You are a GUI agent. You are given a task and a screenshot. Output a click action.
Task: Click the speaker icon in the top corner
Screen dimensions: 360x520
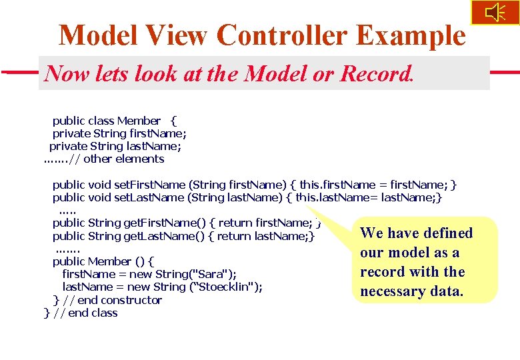[495, 12]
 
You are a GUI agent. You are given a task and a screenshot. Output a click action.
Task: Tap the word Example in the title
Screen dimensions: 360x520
[416, 35]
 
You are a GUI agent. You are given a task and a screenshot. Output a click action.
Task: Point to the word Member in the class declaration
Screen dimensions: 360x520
[139, 121]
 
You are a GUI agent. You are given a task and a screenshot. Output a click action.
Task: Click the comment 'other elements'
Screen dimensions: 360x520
[123, 159]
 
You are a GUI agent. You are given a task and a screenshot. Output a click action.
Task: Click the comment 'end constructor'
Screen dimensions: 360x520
[120, 300]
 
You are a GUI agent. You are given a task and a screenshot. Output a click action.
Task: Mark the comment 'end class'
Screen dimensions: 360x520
[93, 313]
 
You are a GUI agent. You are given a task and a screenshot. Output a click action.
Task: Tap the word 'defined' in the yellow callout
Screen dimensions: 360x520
[447, 233]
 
